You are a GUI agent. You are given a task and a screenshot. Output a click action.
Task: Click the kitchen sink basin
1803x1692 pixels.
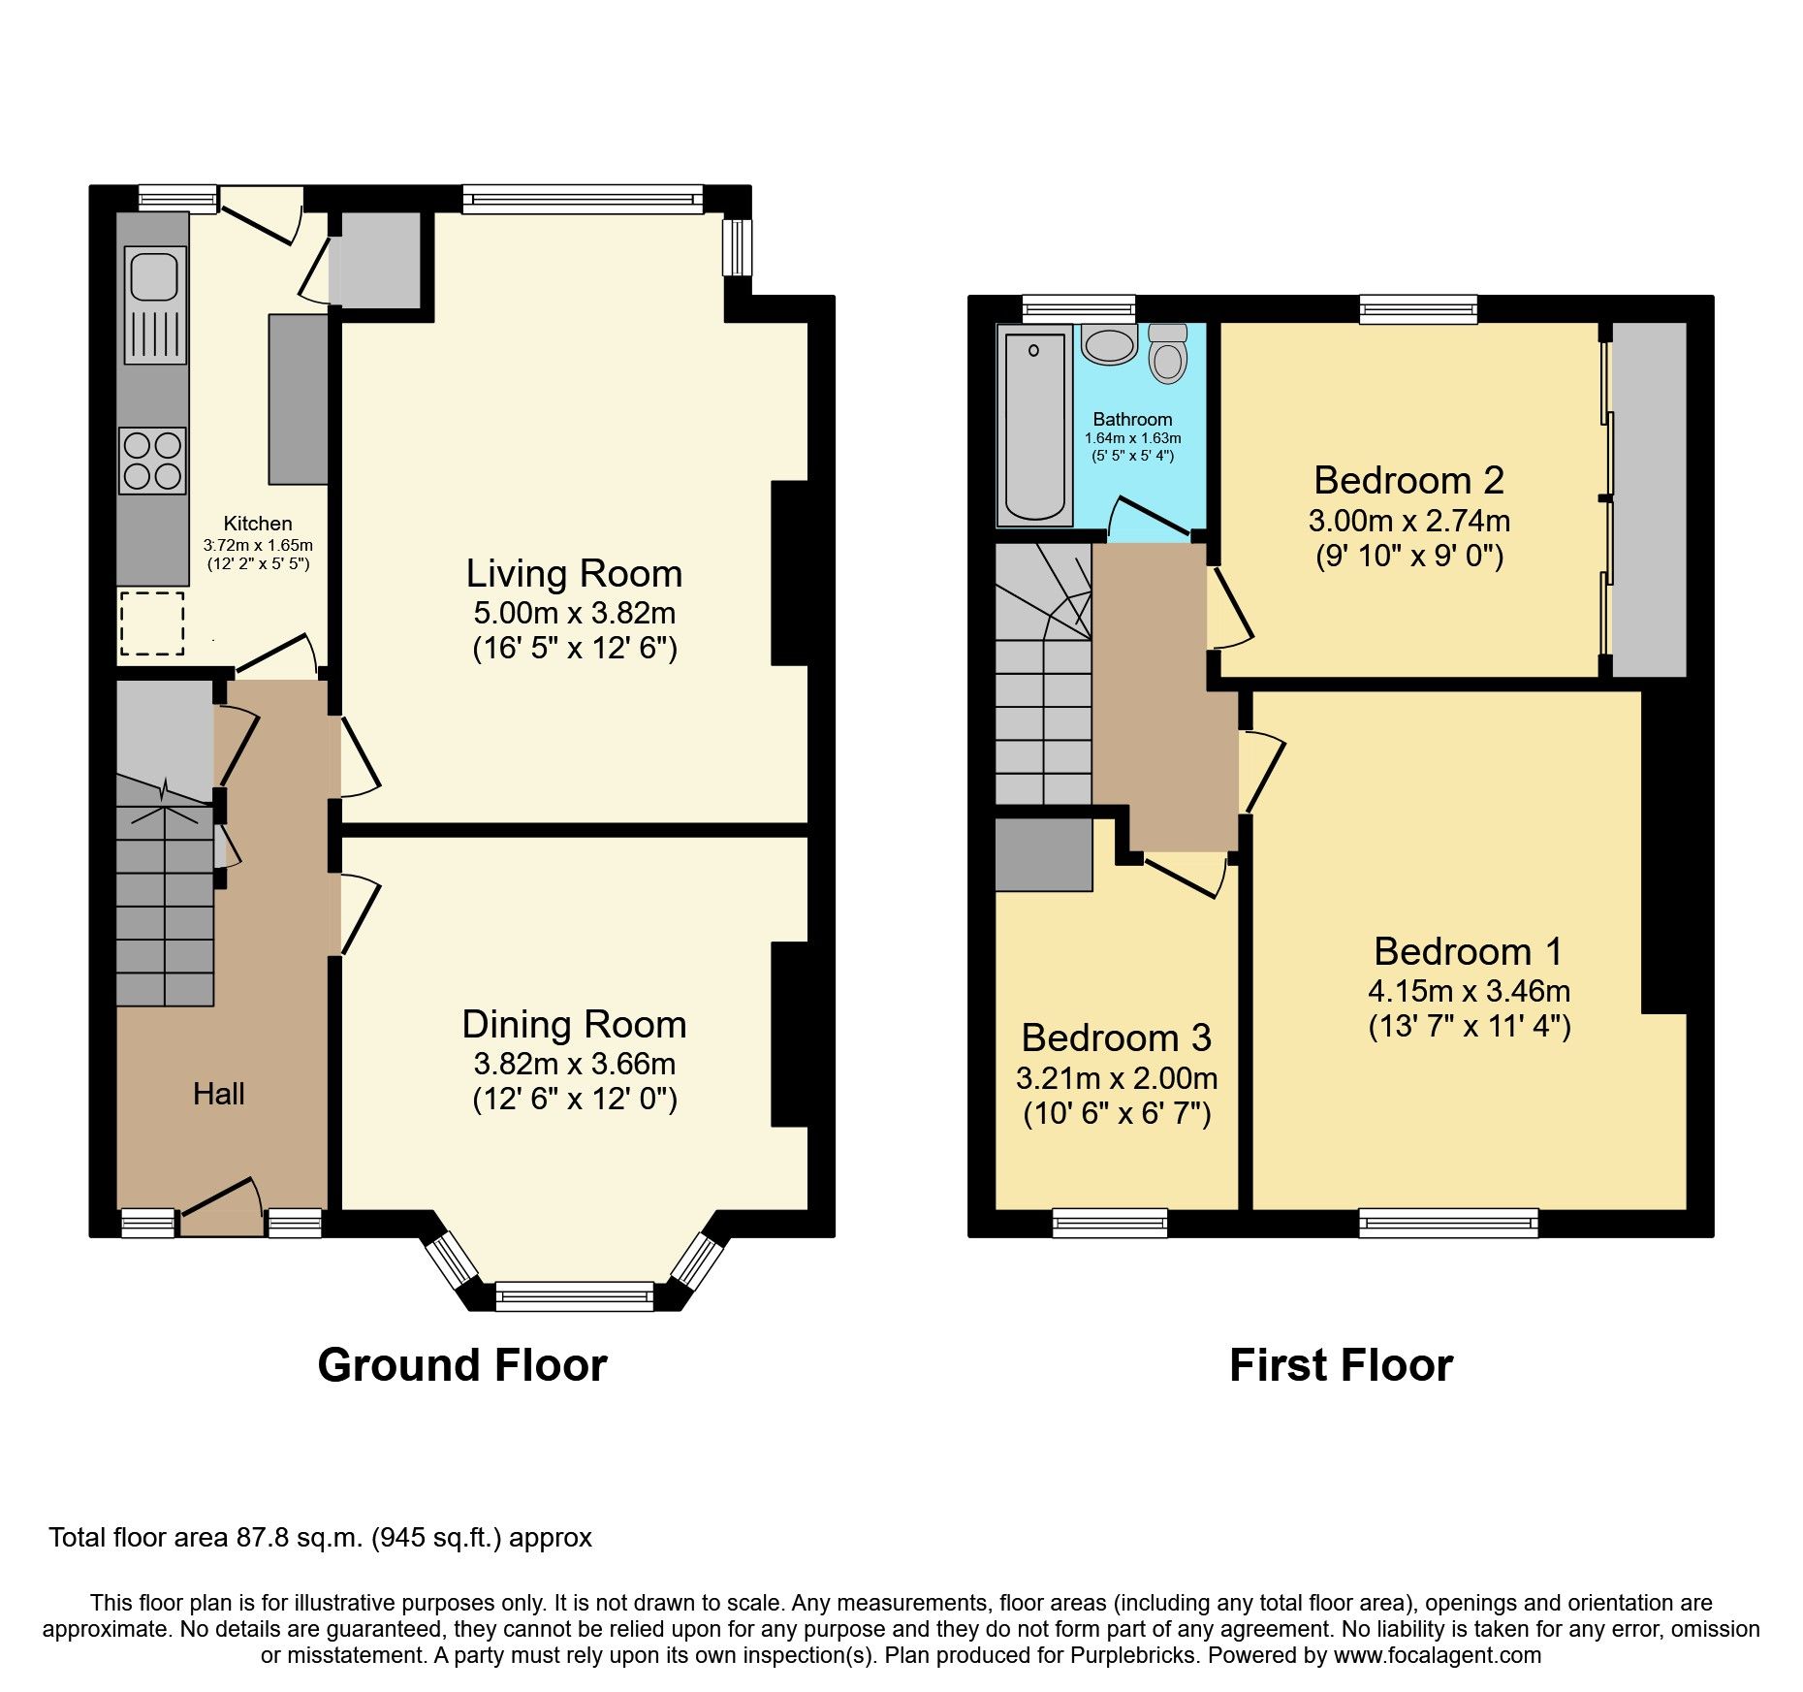tap(153, 274)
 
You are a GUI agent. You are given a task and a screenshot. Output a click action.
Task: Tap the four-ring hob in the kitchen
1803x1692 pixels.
tap(153, 461)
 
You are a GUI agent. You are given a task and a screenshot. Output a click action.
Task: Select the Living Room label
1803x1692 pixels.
tap(574, 573)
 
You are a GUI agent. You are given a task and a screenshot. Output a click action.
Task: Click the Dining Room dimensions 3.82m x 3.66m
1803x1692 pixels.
tap(574, 1064)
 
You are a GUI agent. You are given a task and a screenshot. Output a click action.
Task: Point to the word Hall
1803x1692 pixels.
tap(218, 1094)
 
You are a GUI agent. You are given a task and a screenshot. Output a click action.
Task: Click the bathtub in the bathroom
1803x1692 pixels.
tap(1034, 425)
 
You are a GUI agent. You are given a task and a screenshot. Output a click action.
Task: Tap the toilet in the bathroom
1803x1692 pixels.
tap(1168, 356)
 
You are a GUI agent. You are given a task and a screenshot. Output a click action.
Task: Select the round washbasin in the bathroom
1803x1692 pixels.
tap(1109, 345)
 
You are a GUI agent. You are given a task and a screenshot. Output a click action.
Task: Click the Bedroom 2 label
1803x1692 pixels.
tap(1408, 480)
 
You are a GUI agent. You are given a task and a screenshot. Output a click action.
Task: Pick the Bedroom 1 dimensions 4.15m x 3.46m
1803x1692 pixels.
tap(1469, 991)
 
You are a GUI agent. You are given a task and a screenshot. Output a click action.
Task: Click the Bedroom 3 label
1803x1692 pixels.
tap(1116, 1038)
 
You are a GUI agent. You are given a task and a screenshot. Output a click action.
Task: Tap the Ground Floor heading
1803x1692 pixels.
tap(461, 1365)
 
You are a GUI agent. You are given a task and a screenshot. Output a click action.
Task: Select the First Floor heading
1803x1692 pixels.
tap(1341, 1365)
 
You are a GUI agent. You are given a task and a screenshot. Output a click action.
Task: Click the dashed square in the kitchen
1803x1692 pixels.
tap(152, 623)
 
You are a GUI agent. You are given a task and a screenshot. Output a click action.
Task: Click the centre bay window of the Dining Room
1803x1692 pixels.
tap(574, 1295)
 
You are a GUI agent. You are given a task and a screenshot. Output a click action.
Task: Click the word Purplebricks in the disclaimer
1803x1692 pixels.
tap(1133, 1655)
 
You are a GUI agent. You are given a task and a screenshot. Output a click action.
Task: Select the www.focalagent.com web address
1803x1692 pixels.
tap(1438, 1655)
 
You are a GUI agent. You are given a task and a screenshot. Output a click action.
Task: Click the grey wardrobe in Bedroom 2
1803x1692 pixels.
tap(1649, 499)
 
